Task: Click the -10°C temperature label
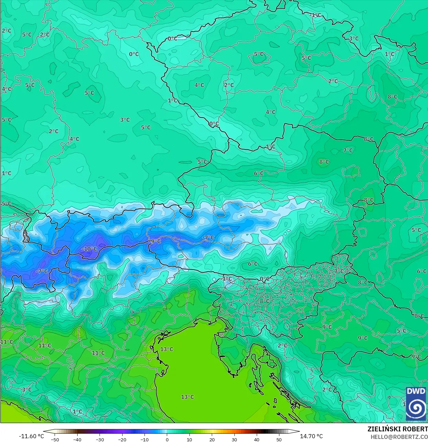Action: click(90, 249)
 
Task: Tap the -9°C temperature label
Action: click(155, 241)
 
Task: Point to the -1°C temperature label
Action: click(315, 15)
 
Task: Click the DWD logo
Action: click(416, 404)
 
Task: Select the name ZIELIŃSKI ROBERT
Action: click(397, 429)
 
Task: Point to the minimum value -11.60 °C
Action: click(31, 436)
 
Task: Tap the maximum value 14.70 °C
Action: click(311, 436)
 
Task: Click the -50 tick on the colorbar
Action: click(55, 439)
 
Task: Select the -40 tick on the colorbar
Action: click(77, 439)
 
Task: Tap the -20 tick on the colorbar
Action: click(122, 439)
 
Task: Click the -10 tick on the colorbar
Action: click(144, 439)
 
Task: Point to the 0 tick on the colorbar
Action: click(167, 439)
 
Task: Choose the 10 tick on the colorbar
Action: click(189, 439)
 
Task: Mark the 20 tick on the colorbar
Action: click(212, 439)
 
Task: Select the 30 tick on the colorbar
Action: click(234, 439)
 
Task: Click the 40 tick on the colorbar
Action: click(257, 439)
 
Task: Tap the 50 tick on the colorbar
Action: click(279, 439)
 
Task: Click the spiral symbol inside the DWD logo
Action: click(416, 408)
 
